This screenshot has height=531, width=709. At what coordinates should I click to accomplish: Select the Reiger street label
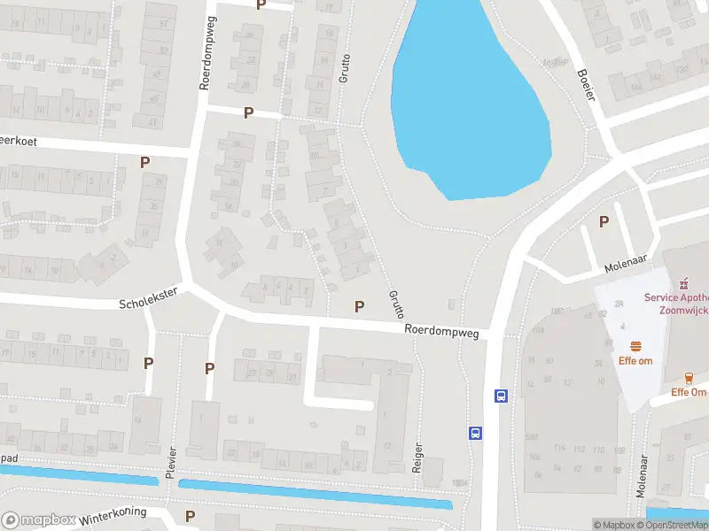[417, 458]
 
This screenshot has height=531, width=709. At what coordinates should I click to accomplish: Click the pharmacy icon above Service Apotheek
[682, 284]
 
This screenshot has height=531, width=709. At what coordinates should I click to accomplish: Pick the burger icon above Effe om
[635, 345]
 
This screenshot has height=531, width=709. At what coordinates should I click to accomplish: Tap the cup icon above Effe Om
[689, 377]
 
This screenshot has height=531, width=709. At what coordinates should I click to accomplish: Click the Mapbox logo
[38, 520]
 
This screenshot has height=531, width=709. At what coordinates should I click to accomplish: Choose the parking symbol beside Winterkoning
[190, 515]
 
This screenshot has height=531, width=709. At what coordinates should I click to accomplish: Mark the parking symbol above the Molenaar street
[604, 221]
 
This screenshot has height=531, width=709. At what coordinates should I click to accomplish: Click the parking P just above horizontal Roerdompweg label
[359, 306]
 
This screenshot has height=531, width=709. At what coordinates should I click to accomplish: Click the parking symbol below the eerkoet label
[144, 162]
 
